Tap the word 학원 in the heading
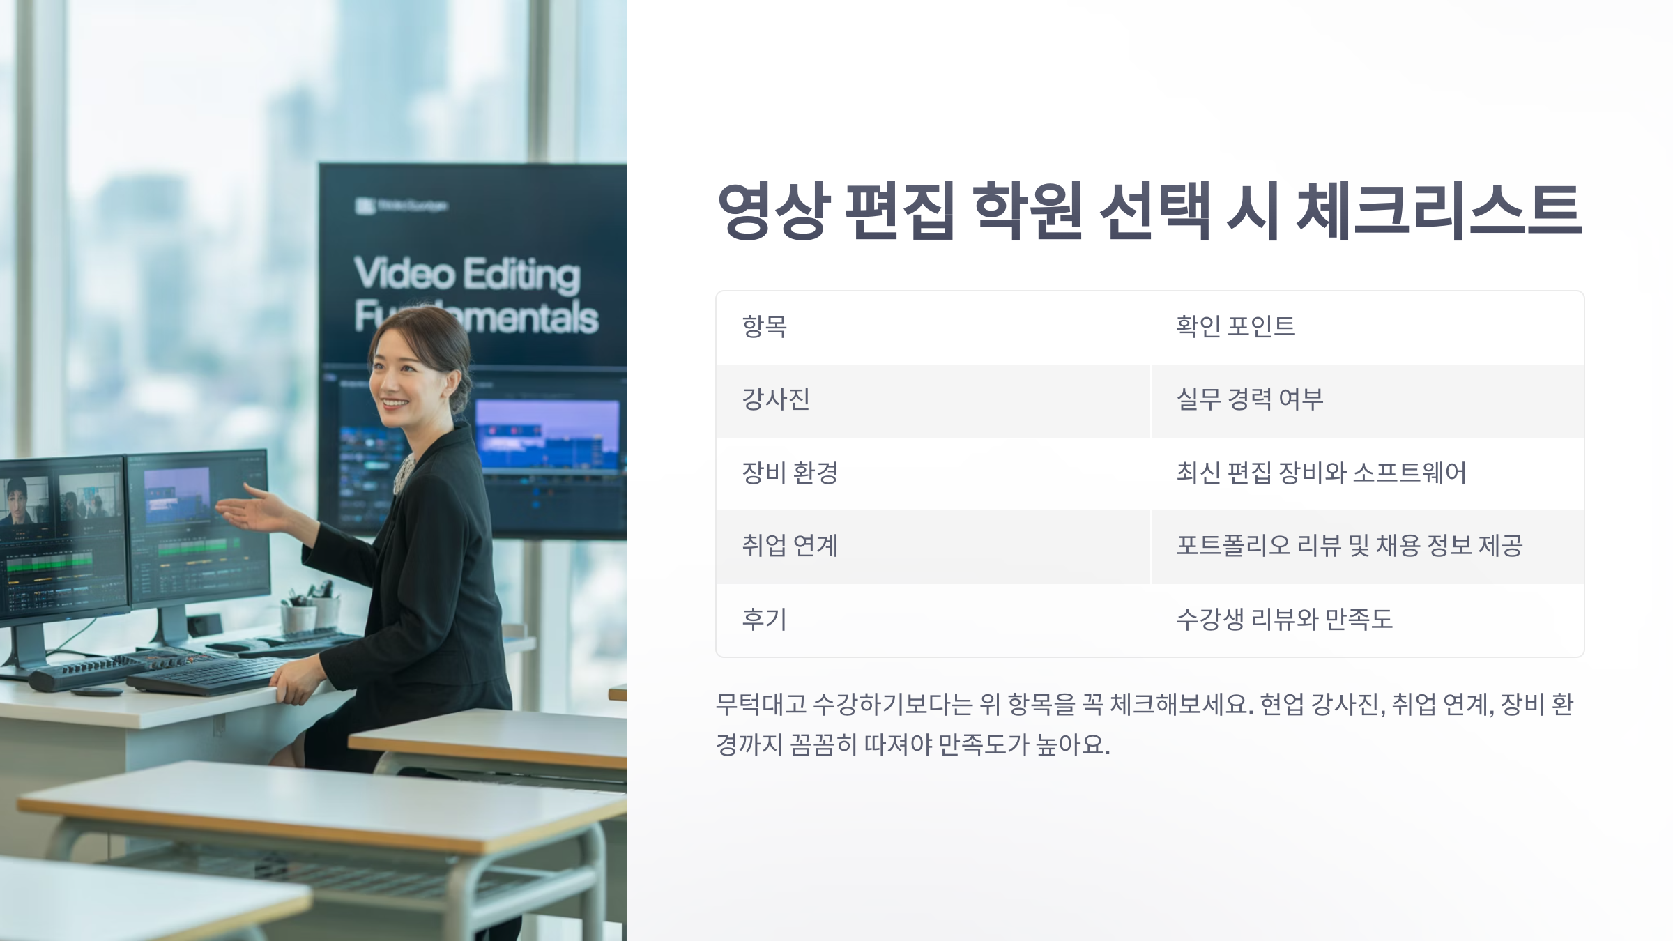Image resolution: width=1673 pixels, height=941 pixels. tap(1028, 211)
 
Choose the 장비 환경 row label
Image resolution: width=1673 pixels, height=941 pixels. tap(789, 473)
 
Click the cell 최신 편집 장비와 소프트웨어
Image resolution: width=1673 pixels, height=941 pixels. tap(1321, 473)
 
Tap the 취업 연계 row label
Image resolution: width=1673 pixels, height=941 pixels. tap(789, 546)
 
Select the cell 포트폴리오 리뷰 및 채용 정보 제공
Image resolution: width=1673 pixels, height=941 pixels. tap(1349, 546)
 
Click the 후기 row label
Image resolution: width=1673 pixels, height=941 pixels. tap(765, 619)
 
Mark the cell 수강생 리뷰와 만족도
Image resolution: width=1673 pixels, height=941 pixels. tap(1284, 619)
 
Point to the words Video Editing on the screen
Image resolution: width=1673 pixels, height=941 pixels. tap(467, 273)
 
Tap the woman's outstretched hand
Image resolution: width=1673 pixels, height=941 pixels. tap(251, 512)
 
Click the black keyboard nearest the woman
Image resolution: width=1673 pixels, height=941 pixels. tap(209, 675)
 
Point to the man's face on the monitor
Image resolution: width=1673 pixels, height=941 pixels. tap(17, 498)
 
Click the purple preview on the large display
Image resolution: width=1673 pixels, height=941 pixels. tap(547, 432)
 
